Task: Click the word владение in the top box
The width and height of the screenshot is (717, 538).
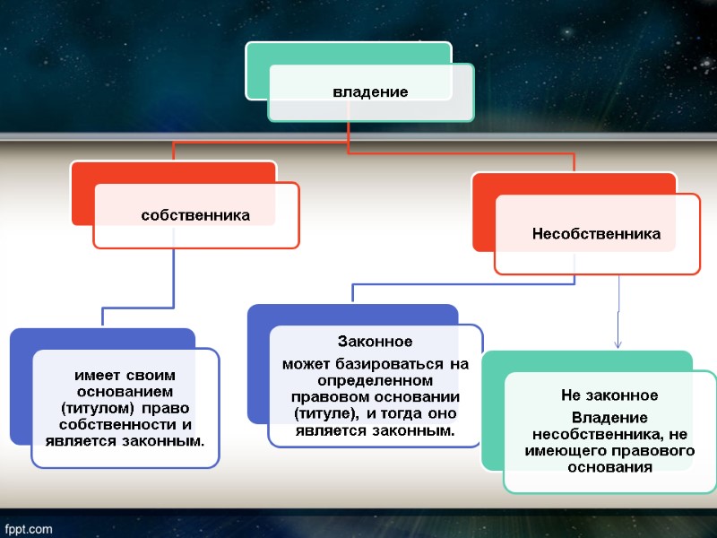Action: click(370, 91)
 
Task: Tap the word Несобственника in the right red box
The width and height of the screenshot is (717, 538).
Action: click(596, 234)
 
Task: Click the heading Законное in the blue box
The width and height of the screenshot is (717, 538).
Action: click(375, 342)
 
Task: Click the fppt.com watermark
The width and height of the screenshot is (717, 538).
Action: click(30, 528)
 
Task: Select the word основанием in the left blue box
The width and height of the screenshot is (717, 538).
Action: click(125, 392)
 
